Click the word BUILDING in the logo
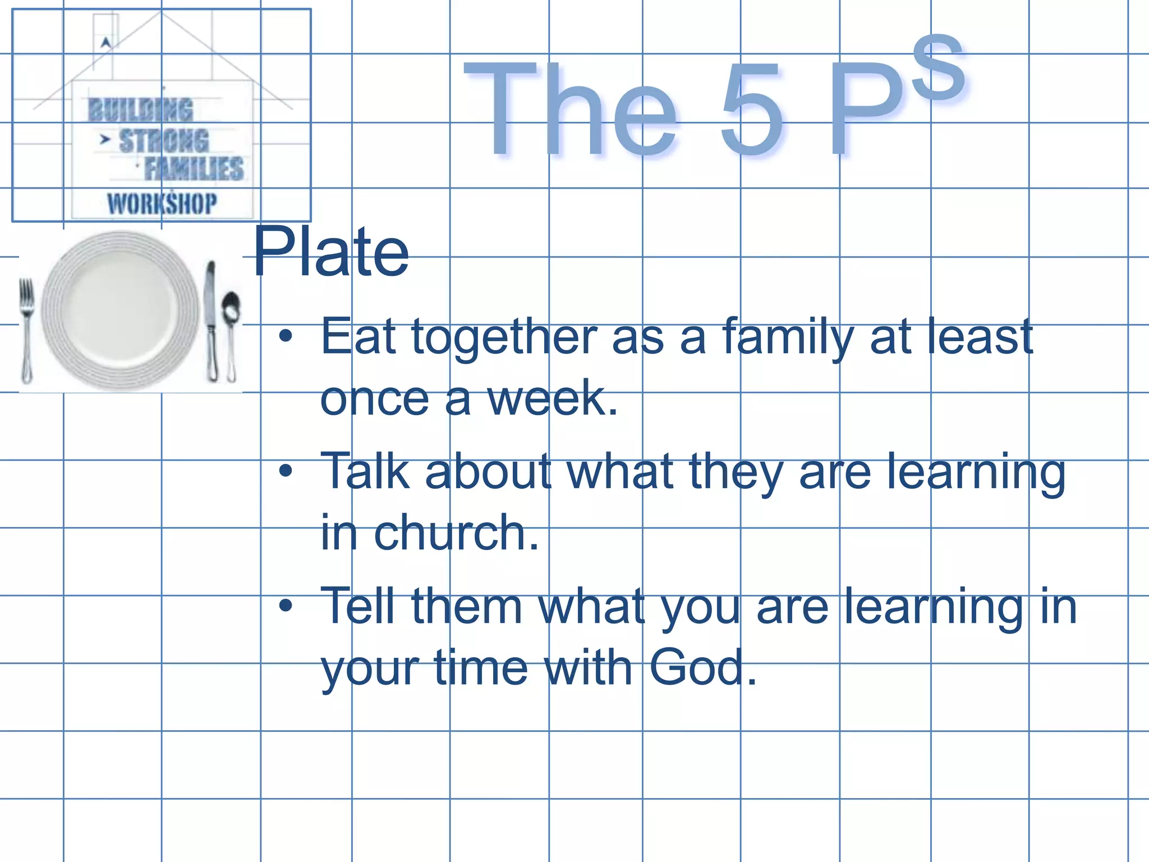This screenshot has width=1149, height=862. point(140,110)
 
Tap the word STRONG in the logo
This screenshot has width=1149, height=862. point(164,140)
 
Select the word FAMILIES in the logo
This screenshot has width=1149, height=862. point(194,169)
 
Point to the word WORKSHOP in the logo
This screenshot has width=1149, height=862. point(162,203)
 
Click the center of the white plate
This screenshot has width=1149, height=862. point(120,310)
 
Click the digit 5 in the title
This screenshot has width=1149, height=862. point(752,109)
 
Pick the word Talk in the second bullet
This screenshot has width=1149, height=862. point(365,471)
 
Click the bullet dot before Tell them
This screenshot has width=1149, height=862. point(286,606)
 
